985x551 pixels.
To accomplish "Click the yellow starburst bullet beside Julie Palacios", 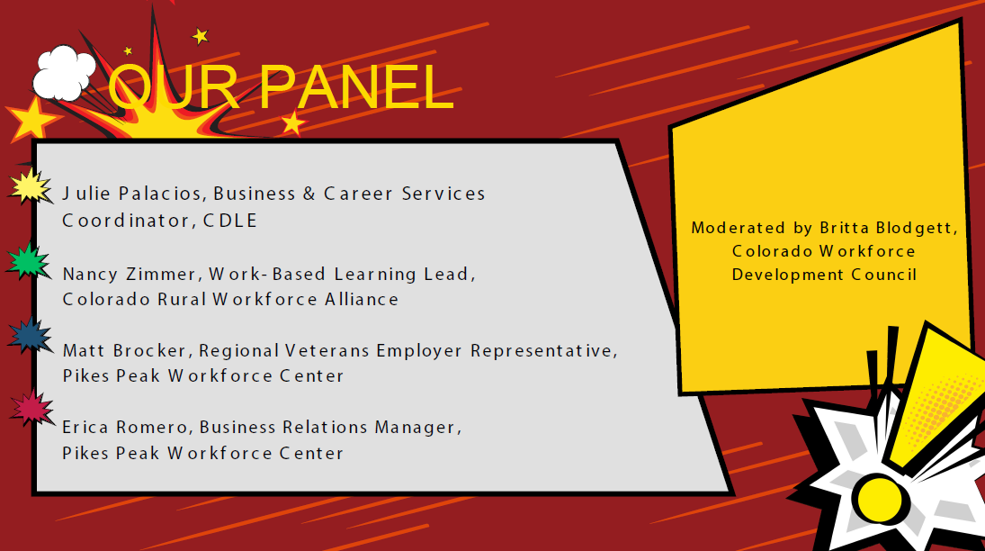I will [30, 186].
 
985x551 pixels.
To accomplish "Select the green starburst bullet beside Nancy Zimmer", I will [30, 262].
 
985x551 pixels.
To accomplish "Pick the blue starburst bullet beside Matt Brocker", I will [30, 336].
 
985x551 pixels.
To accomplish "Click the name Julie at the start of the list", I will [81, 194].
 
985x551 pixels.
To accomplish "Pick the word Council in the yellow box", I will [884, 274].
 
